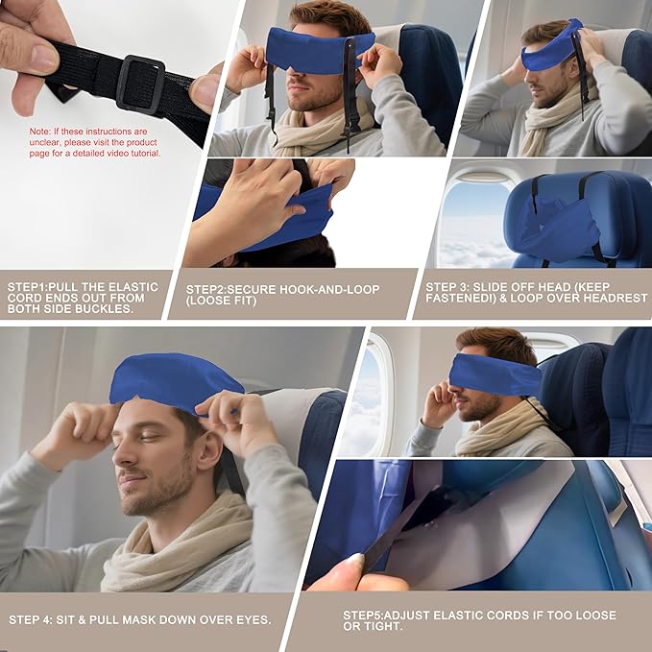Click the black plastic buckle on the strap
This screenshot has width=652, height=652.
coord(140,85)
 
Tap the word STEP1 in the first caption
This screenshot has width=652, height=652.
coord(29,286)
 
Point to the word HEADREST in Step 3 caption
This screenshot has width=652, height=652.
coord(613,299)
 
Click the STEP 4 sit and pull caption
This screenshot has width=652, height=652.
coord(139,619)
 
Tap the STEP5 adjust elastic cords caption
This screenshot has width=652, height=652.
coord(479,620)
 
